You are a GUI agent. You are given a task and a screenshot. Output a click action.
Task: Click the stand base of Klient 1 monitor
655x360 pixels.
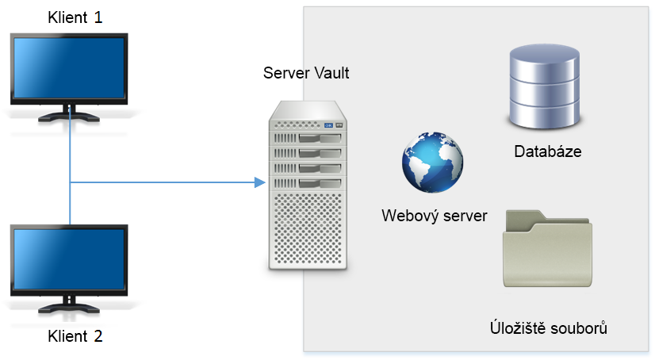(69, 116)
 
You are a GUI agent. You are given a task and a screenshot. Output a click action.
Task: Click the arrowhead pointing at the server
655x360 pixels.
(259, 183)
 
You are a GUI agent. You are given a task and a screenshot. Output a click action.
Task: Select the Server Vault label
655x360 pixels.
(306, 74)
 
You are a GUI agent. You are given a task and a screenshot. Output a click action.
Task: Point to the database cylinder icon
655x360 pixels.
(544, 88)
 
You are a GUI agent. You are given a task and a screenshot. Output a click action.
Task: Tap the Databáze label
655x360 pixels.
(548, 151)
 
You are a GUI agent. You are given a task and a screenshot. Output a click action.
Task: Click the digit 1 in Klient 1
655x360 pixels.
(98, 17)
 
